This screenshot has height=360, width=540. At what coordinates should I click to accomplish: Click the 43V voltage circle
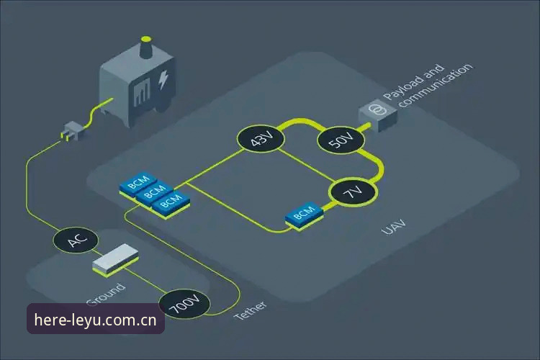[x=261, y=138]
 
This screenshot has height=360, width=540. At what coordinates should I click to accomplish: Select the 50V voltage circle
[x=341, y=140]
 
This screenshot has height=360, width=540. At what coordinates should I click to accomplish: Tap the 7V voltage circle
[x=354, y=192]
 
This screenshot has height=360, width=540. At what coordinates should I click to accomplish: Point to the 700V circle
[x=185, y=304]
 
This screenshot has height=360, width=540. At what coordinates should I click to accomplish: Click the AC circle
[x=76, y=240]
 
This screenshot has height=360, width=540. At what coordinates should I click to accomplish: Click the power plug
[x=72, y=131]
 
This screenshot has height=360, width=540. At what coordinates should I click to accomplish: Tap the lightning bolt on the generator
[x=163, y=80]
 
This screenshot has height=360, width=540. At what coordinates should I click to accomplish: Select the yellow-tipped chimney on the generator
[x=146, y=47]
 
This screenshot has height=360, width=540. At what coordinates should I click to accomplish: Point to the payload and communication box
[x=378, y=117]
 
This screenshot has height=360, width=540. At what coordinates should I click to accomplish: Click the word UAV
[x=395, y=227]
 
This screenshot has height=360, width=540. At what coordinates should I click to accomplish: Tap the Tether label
[x=251, y=310]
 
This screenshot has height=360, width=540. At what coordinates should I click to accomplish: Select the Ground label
[x=105, y=294]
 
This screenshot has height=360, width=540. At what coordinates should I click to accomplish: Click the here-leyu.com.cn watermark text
[x=95, y=320]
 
